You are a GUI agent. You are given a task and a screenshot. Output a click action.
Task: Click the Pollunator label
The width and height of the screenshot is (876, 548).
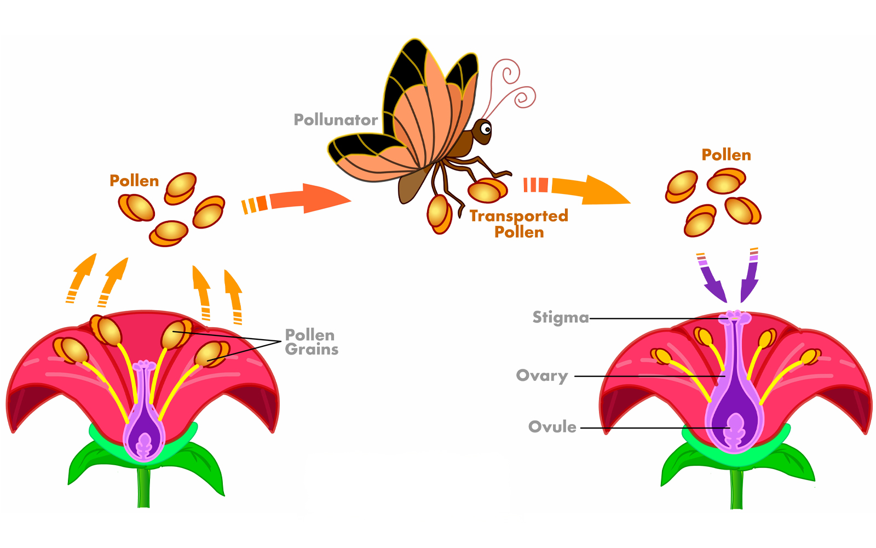point(336,120)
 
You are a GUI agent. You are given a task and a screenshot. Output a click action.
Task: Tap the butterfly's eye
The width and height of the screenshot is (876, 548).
point(486,129)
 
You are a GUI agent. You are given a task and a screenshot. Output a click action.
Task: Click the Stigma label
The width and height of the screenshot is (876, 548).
point(560,317)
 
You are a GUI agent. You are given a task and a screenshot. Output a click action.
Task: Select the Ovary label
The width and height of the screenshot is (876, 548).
point(541,376)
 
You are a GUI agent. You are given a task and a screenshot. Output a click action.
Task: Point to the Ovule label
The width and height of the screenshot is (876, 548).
point(552,427)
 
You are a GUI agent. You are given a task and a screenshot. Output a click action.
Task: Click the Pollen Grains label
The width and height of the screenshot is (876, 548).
point(311,342)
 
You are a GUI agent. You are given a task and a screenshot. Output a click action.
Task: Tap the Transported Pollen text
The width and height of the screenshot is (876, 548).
point(518,224)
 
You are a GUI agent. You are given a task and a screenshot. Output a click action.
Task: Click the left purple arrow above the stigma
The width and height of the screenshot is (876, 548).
point(713,282)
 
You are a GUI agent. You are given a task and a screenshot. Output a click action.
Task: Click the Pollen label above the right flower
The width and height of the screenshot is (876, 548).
point(726,155)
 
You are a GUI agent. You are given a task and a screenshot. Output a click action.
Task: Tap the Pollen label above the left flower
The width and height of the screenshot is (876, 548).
point(134,181)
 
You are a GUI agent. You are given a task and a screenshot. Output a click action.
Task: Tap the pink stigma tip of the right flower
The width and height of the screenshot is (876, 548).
point(736,317)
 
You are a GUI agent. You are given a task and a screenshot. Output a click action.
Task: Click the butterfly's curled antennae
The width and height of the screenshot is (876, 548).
point(512,88)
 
